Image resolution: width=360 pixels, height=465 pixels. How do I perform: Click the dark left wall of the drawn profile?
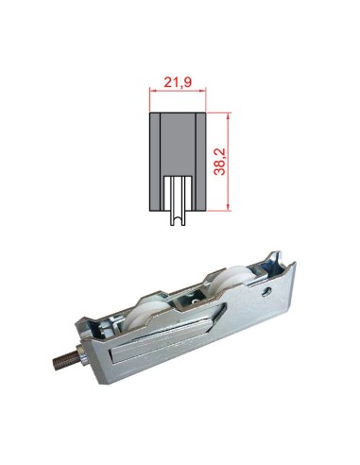click(x=156, y=161)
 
